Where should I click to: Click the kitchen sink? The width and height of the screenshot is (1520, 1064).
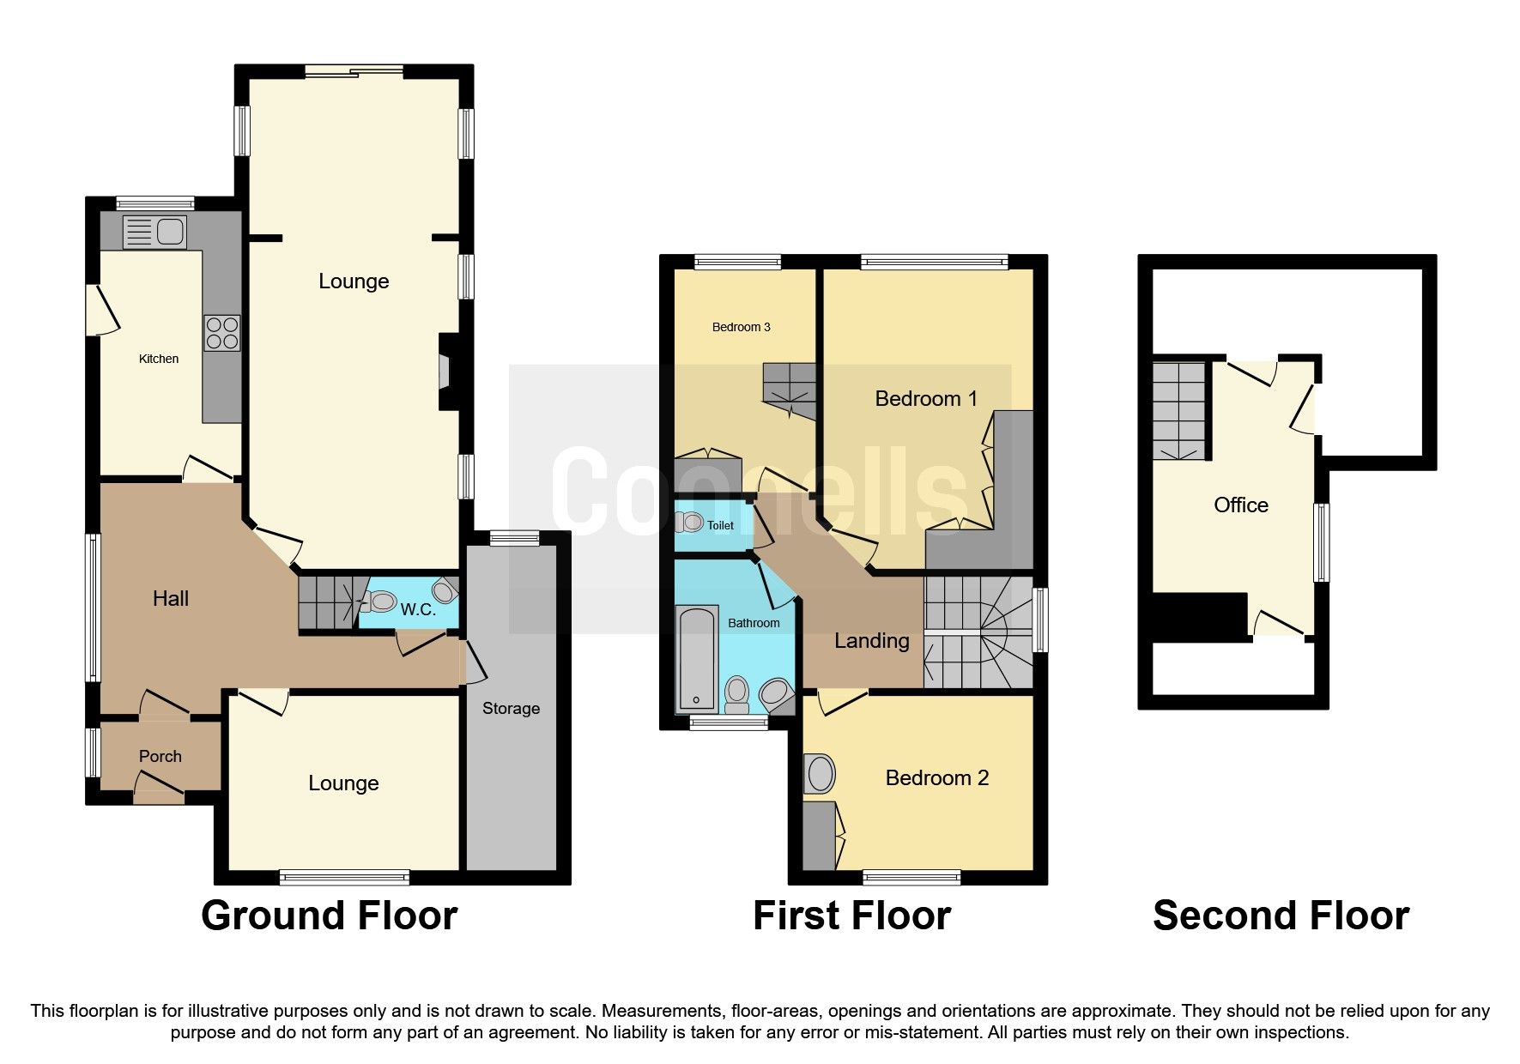click(154, 232)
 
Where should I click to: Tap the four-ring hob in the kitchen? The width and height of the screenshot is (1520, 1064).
click(221, 333)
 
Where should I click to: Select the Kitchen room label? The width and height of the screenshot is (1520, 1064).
click(159, 359)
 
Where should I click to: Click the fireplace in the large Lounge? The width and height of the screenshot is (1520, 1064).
click(445, 372)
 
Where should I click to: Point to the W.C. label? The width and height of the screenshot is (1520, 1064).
click(418, 610)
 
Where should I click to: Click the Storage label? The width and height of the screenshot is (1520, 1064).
click(511, 708)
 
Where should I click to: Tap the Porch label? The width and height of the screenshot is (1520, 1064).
click(160, 756)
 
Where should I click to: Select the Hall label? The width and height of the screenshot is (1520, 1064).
click(170, 598)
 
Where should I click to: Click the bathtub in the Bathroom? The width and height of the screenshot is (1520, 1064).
click(696, 658)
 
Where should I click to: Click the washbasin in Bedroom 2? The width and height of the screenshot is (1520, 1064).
click(820, 774)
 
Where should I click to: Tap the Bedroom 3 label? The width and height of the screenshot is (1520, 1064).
click(741, 327)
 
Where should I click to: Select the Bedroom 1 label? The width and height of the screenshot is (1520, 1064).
click(925, 398)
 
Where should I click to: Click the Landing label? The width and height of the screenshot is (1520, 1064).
click(871, 640)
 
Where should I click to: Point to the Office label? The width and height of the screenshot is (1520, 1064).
click(1240, 505)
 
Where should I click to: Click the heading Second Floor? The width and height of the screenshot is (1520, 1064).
click(1281, 916)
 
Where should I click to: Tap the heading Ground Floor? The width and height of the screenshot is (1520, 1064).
click(329, 916)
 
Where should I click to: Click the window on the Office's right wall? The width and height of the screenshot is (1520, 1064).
click(1323, 542)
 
